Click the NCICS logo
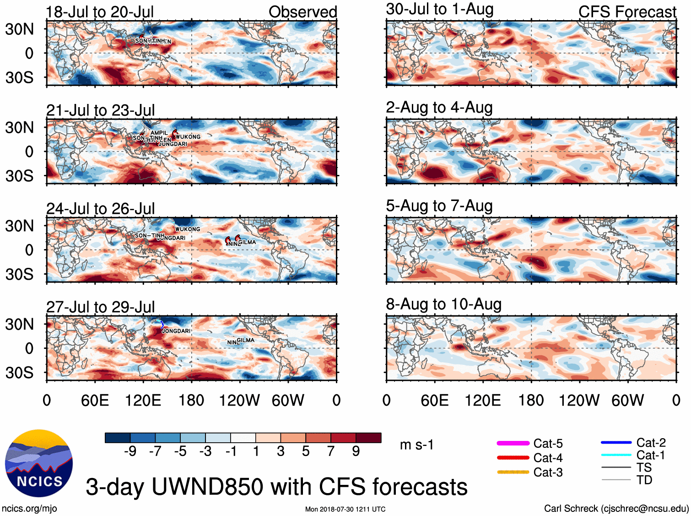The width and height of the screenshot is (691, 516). tap(39, 463)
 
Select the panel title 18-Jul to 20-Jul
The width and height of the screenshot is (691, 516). tap(100, 12)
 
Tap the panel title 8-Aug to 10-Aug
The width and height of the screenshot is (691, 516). tap(443, 304)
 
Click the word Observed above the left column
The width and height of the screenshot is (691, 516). tap(302, 12)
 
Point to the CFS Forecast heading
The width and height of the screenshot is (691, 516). tap(627, 12)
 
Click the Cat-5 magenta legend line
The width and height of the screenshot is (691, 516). tap(513, 443)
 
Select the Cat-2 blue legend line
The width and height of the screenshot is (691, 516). tap(616, 442)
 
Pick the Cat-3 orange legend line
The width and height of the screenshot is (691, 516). tap(513, 472)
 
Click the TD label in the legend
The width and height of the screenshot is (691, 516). tap(644, 480)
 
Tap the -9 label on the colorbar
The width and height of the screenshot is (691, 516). tap(130, 451)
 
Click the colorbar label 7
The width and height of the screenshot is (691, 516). tap(331, 451)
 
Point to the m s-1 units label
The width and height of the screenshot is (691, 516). tap(416, 445)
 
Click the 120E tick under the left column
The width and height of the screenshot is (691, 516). tap(143, 401)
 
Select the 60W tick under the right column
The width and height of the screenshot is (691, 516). tap(627, 401)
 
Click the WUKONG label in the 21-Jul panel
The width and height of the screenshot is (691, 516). tap(188, 137)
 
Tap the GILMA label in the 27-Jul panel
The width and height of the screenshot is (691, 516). tap(246, 340)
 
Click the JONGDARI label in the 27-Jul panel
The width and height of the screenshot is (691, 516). tap(176, 331)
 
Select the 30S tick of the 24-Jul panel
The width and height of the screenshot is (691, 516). tap(19, 274)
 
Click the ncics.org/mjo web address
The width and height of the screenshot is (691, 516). tap(29, 508)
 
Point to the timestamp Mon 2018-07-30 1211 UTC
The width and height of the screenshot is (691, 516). tap(345, 509)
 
